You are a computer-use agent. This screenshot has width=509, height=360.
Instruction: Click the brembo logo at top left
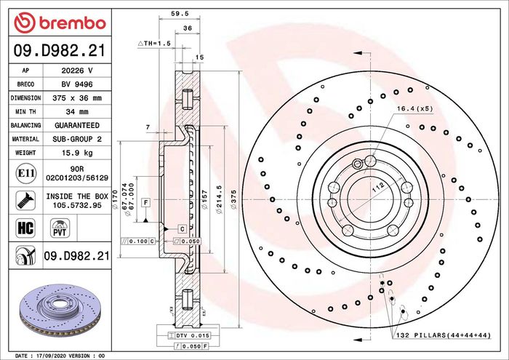(60, 23)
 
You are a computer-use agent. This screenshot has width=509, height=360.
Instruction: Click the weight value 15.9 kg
(77, 153)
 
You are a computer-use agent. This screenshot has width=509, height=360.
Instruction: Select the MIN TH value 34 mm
(77, 112)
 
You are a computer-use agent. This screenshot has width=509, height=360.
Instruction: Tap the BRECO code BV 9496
(77, 84)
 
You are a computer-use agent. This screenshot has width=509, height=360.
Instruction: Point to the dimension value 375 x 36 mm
(77, 98)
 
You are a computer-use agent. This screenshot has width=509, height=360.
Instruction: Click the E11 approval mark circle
(25, 173)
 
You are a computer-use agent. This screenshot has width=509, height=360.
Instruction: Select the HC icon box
(25, 228)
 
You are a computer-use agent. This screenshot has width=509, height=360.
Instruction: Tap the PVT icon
(60, 228)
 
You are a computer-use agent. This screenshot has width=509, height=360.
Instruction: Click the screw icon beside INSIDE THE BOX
(25, 200)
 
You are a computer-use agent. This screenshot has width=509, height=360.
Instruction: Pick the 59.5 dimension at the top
(180, 14)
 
